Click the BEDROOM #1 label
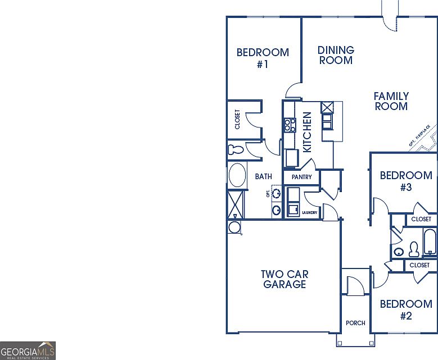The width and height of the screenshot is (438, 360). [x=263, y=58]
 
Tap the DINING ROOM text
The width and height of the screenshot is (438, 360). [x=336, y=55]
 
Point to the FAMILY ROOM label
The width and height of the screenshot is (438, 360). [x=391, y=101]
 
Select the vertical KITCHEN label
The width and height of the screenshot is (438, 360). [x=308, y=132]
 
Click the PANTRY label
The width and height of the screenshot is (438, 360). [x=301, y=177]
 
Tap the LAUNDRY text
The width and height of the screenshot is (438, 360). [x=310, y=212]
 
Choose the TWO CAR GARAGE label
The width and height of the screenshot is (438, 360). [x=285, y=279]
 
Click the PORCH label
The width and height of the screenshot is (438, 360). [x=355, y=323]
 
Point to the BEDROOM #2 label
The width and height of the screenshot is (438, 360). [x=406, y=310]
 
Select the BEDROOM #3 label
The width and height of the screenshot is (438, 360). [x=406, y=181]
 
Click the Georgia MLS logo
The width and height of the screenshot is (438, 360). [x=28, y=350]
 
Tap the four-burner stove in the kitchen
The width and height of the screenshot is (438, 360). [x=290, y=125]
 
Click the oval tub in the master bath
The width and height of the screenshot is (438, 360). [x=237, y=175]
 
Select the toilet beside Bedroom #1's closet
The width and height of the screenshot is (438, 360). [x=235, y=150]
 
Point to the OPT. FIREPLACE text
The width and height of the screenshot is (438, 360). [x=419, y=137]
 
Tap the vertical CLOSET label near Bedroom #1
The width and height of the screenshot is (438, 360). [x=237, y=119]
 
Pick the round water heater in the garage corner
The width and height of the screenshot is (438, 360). [x=234, y=227]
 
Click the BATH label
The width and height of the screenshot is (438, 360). [x=263, y=176]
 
